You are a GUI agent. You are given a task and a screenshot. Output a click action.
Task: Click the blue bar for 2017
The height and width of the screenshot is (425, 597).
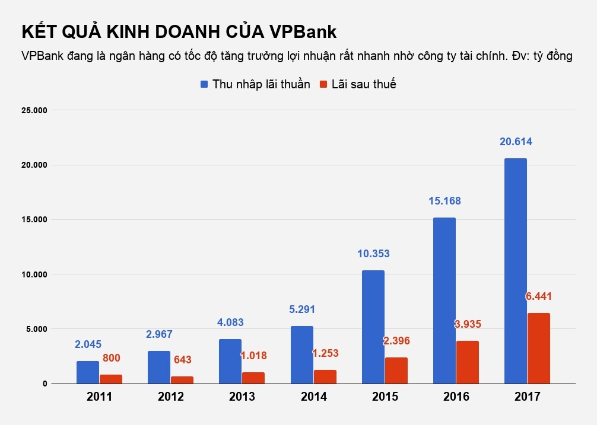tap(515, 271)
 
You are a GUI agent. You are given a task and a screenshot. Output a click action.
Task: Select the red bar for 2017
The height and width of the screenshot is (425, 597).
tap(538, 348)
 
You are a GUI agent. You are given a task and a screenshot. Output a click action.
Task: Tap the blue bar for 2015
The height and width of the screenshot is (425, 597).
tap(373, 327)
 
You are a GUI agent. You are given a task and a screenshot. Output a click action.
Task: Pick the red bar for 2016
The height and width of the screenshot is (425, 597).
tap(467, 362)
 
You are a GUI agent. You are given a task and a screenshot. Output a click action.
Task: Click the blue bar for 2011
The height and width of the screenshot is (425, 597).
tap(88, 372)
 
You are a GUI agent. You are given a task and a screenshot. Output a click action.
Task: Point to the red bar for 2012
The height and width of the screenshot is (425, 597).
tap(182, 379)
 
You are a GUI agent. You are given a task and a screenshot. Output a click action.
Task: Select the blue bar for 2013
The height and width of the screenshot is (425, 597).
tap(230, 361)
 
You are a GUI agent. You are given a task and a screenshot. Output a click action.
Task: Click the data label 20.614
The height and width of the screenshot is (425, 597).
tap(515, 142)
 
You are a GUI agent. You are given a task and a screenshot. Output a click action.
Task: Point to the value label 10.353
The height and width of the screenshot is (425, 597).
tap(373, 254)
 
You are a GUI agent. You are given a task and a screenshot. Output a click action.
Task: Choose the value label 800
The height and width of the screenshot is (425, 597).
tap(112, 358)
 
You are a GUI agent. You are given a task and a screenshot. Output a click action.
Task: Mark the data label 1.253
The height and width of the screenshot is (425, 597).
tap(325, 354)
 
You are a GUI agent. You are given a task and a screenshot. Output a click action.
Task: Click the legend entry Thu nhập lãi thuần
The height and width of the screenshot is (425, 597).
tap(255, 84)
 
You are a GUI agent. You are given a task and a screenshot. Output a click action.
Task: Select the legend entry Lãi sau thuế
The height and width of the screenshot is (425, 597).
tap(358, 84)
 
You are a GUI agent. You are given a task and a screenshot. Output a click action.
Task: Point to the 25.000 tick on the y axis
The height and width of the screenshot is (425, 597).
tap(34, 110)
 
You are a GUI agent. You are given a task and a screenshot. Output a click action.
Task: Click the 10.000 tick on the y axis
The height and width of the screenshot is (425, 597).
tap(34, 274)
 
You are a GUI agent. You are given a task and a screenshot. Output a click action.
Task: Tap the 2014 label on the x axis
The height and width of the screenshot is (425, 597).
tap(313, 397)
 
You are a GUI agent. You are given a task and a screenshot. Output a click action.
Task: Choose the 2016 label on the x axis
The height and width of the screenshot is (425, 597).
tap(456, 397)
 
